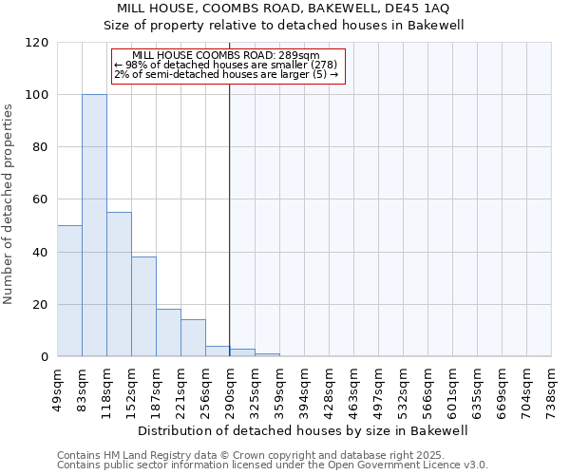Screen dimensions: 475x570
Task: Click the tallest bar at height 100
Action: tap(94, 226)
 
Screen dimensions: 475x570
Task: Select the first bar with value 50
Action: tap(69, 291)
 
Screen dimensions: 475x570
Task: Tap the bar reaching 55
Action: tap(119, 285)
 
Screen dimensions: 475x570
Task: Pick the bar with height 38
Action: tap(143, 307)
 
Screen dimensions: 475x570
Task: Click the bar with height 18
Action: tap(168, 332)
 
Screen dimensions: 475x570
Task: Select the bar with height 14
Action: tap(193, 338)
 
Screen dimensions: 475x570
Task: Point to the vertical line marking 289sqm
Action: tap(229, 218)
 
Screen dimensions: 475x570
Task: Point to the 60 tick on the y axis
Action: tap(40, 200)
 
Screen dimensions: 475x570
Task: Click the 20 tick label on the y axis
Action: tap(40, 305)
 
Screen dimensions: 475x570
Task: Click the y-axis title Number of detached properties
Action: tap(9, 203)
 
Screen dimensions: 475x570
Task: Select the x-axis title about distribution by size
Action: tap(304, 430)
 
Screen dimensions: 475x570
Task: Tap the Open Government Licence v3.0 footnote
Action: tap(273, 465)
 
